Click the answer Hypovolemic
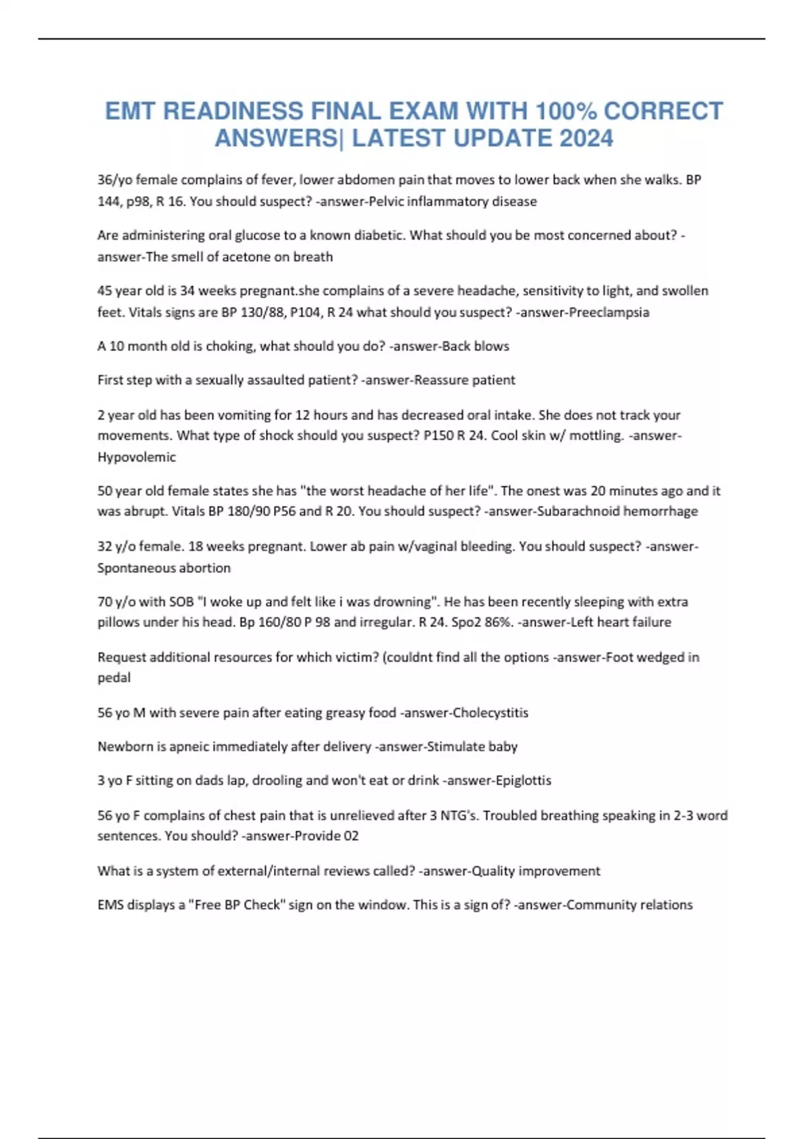(137, 457)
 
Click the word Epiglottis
(523, 781)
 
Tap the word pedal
(114, 678)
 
